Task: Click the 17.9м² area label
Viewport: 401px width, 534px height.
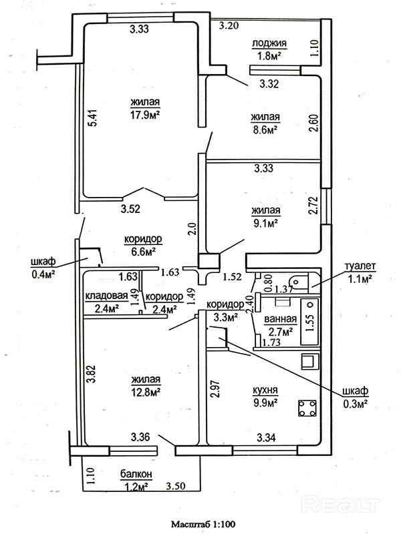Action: (144, 114)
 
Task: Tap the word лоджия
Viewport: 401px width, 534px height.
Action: (269, 44)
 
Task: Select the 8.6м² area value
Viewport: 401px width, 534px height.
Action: (265, 130)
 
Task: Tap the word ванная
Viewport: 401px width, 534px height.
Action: (279, 320)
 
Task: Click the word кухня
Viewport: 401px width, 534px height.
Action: (265, 390)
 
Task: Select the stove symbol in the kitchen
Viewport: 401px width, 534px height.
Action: (308, 408)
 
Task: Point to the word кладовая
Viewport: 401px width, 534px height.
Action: (102, 297)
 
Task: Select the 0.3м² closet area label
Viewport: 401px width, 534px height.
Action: (358, 403)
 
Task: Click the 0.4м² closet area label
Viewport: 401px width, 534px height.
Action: (43, 272)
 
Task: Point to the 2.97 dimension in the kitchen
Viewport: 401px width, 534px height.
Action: (215, 388)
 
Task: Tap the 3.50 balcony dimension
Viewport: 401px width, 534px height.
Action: (176, 485)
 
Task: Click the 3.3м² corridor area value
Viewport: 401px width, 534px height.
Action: (225, 318)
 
